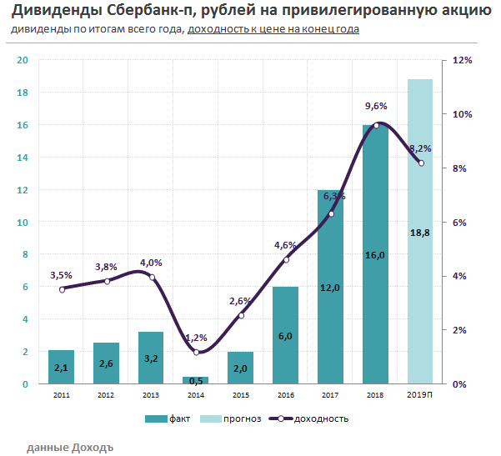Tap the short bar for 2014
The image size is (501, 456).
(196, 380)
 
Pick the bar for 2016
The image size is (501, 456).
(286, 333)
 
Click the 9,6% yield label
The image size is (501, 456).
(377, 107)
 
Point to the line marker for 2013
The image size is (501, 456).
(152, 277)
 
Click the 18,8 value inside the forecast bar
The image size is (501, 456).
(420, 233)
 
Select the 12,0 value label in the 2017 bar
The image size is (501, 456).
(331, 288)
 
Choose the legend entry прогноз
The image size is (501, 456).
(238, 418)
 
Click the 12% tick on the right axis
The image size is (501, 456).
(463, 60)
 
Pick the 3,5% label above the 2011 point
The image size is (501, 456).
(61, 274)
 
